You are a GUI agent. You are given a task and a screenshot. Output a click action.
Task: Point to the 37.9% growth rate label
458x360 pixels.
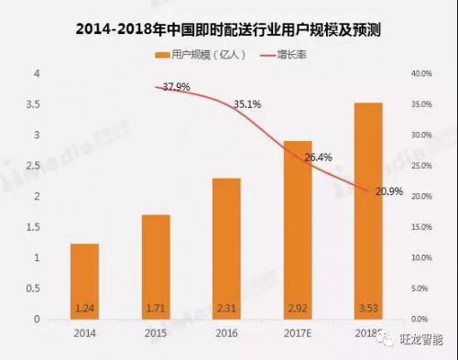(176, 88)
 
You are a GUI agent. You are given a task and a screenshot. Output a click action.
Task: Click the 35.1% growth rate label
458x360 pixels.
(247, 104)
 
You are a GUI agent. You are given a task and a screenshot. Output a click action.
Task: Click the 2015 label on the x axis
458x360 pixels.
(157, 333)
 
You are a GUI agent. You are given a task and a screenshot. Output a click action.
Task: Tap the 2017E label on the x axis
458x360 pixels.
(297, 333)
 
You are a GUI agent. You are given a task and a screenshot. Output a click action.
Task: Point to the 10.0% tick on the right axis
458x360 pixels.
(422, 257)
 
